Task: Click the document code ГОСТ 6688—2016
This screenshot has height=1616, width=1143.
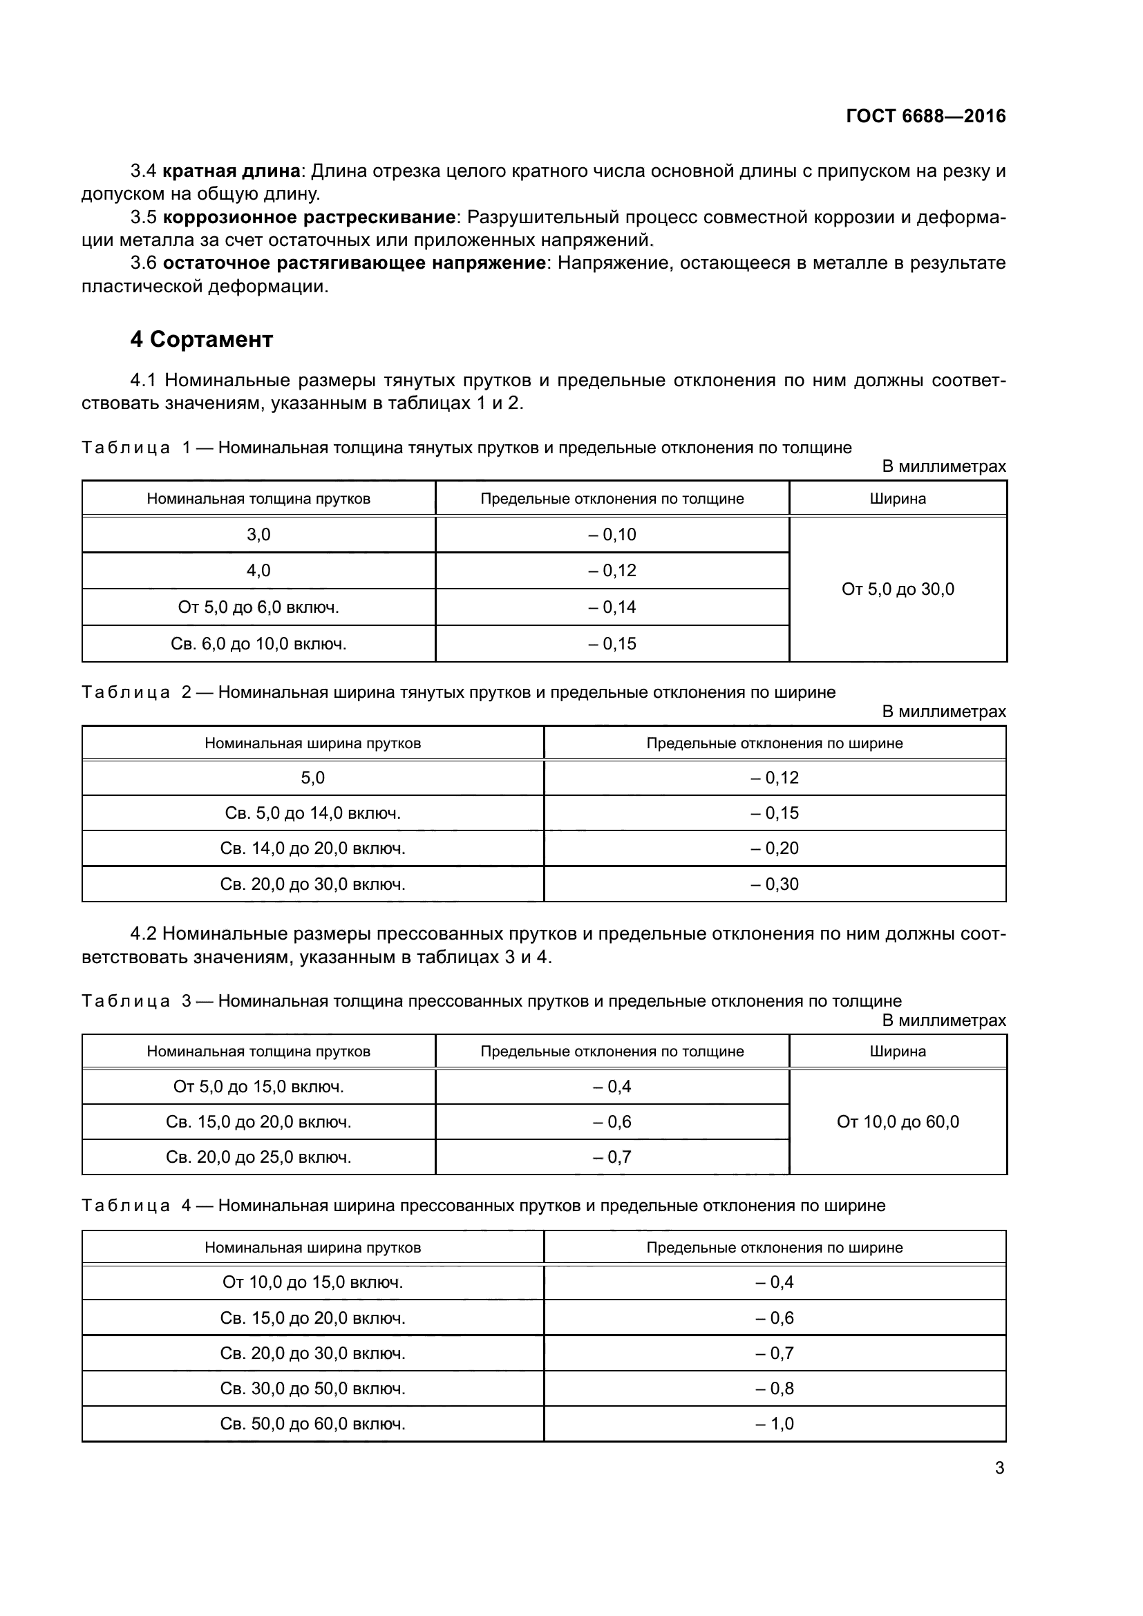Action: pyautogui.click(x=925, y=116)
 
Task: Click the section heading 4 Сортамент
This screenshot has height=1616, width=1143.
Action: pyautogui.click(x=201, y=339)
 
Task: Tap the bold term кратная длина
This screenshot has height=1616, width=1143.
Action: pyautogui.click(x=232, y=171)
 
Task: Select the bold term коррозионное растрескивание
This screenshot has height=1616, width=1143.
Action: pyautogui.click(x=309, y=217)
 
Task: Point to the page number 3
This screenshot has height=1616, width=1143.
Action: pyautogui.click(x=999, y=1467)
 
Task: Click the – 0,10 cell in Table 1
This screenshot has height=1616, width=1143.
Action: pyautogui.click(x=612, y=534)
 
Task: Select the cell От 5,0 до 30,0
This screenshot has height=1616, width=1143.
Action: pyautogui.click(x=898, y=589)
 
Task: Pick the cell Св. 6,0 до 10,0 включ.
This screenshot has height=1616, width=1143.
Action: pyautogui.click(x=258, y=643)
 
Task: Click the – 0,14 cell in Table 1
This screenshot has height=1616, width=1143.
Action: pyautogui.click(x=612, y=607)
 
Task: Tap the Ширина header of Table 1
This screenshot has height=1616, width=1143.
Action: pyautogui.click(x=898, y=499)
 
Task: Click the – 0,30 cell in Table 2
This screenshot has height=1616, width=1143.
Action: pyautogui.click(x=774, y=884)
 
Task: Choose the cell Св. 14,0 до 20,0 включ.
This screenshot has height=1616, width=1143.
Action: pyautogui.click(x=312, y=848)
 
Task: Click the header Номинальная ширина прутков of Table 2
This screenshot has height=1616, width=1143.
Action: pyautogui.click(x=312, y=743)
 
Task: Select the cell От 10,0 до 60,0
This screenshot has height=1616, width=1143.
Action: pyautogui.click(x=898, y=1122)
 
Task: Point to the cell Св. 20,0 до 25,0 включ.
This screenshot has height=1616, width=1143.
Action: pyautogui.click(x=258, y=1157)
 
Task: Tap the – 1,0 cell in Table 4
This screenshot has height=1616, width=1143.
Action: pyautogui.click(x=774, y=1424)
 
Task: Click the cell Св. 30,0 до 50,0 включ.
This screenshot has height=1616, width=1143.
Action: pyautogui.click(x=312, y=1389)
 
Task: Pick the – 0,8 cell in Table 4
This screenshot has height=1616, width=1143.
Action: pyautogui.click(x=774, y=1389)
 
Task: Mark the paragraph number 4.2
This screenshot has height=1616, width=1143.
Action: pyautogui.click(x=145, y=934)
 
